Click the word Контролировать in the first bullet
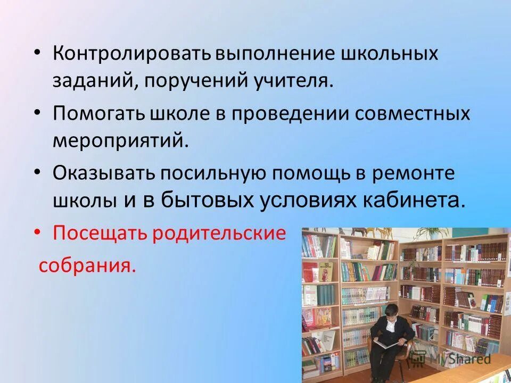[133, 54]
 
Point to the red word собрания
[87, 265]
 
